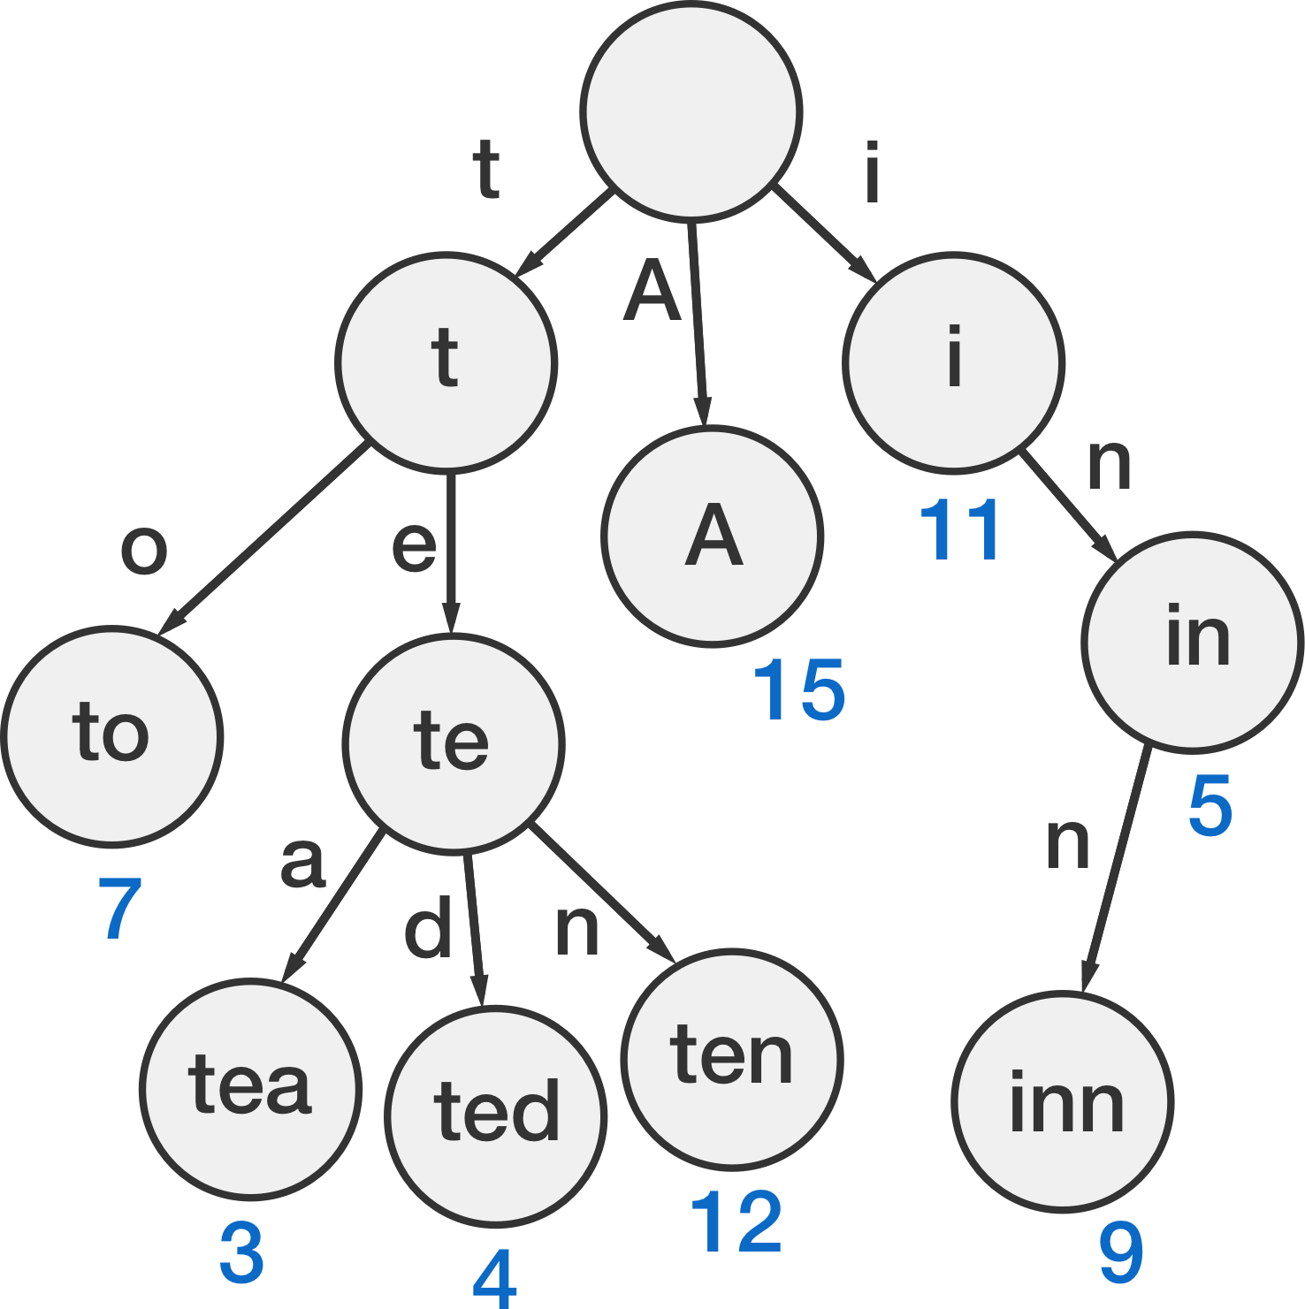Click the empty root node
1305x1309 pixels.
(691, 111)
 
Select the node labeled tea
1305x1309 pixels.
(250, 1088)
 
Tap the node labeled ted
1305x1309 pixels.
(496, 1116)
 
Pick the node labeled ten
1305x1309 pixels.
(732, 1059)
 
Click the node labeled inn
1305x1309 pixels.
(1063, 1101)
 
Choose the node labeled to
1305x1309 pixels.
(112, 736)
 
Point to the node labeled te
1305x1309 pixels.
(454, 743)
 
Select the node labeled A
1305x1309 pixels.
(713, 536)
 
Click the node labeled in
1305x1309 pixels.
(1193, 642)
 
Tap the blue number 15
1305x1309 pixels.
(800, 690)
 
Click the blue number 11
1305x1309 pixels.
(960, 530)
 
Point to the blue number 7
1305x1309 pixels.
(120, 909)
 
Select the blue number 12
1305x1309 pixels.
(736, 1221)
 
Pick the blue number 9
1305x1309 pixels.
(1121, 1252)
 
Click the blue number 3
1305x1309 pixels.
(241, 1253)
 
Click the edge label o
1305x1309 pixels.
(144, 550)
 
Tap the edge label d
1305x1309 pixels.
(428, 927)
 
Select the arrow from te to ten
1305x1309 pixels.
(603, 894)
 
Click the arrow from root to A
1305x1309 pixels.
(698, 325)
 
